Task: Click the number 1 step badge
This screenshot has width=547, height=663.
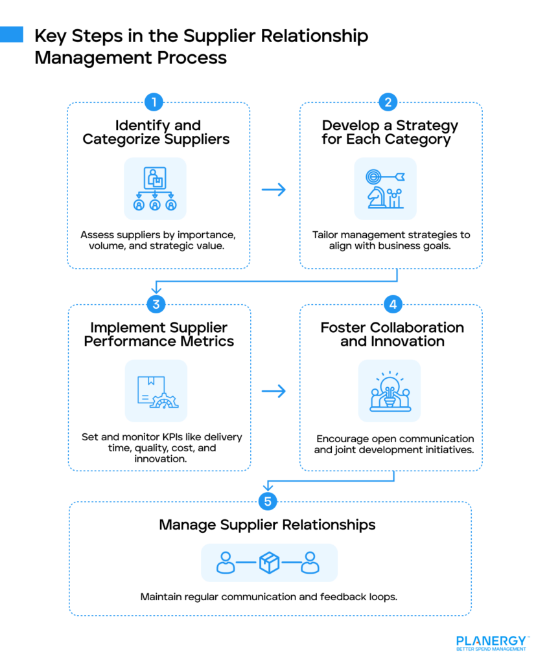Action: coord(154,102)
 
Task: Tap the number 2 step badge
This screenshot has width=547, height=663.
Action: coord(388,102)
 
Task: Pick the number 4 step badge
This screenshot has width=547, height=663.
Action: coord(391,304)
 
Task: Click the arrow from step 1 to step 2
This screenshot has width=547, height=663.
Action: coord(273,189)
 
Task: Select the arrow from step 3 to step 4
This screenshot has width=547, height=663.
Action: coord(273,391)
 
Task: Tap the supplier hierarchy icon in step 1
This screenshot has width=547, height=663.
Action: coord(155,189)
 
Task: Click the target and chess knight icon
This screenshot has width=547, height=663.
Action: coord(386,189)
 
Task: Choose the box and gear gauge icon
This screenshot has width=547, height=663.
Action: coord(156,391)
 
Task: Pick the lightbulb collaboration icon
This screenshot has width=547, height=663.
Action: coord(390,391)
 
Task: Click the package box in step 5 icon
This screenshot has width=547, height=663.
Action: coord(269,562)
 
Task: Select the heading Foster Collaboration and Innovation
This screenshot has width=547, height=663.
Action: coord(392,334)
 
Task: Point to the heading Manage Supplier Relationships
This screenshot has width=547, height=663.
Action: coord(267,524)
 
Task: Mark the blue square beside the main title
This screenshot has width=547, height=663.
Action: coord(11,34)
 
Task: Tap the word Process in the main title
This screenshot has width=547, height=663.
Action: coord(194,58)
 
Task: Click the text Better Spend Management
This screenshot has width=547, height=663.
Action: coord(491,649)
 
